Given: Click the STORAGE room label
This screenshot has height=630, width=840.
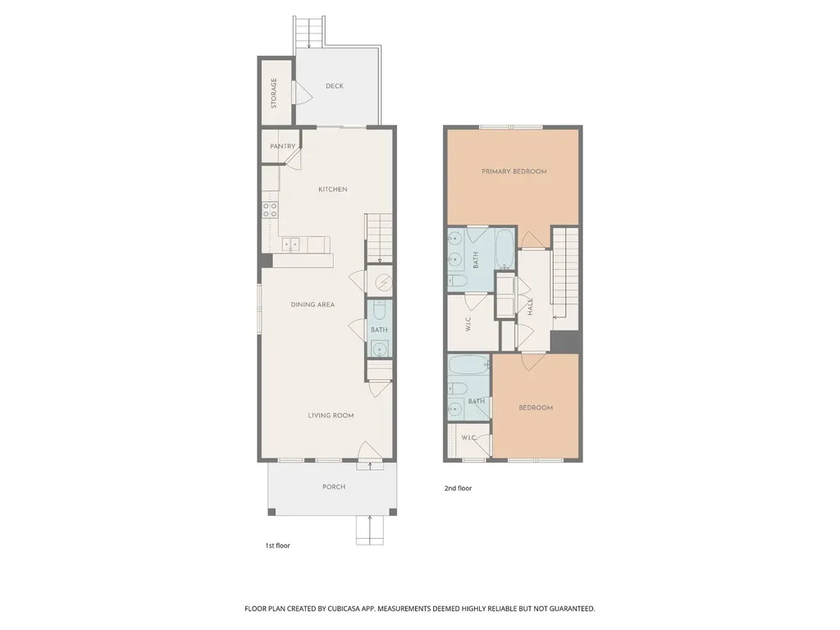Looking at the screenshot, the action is click(x=274, y=94).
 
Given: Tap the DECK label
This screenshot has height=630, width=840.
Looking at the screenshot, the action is click(x=335, y=85).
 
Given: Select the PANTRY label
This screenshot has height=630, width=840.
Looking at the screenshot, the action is click(x=282, y=146).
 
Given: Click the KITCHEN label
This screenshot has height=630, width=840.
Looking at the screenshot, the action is click(x=333, y=189).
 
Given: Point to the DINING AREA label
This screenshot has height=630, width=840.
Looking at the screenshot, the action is click(x=313, y=304).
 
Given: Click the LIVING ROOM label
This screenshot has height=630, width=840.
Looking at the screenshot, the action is click(x=331, y=415).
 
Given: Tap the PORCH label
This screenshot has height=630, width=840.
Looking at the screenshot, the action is click(x=334, y=487).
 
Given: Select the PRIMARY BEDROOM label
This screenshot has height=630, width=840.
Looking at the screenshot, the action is click(x=514, y=171).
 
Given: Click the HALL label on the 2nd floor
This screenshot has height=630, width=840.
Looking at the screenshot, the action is click(x=531, y=307).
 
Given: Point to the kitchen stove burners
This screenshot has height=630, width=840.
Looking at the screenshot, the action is click(x=270, y=209).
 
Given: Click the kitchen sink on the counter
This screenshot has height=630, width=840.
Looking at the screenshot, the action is click(x=291, y=244).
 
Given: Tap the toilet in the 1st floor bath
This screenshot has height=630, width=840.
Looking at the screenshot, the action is click(x=379, y=311).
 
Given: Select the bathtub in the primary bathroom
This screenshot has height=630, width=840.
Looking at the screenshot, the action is click(x=504, y=249).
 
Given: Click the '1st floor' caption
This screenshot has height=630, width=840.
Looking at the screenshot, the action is click(x=277, y=546).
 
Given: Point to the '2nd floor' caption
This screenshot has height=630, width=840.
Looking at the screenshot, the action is click(x=458, y=488).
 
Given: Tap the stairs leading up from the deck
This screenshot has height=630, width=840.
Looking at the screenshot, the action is click(x=309, y=32).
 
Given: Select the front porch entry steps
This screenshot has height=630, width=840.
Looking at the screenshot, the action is click(x=370, y=530).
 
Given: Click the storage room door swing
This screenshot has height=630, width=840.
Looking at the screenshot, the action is click(x=303, y=94).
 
